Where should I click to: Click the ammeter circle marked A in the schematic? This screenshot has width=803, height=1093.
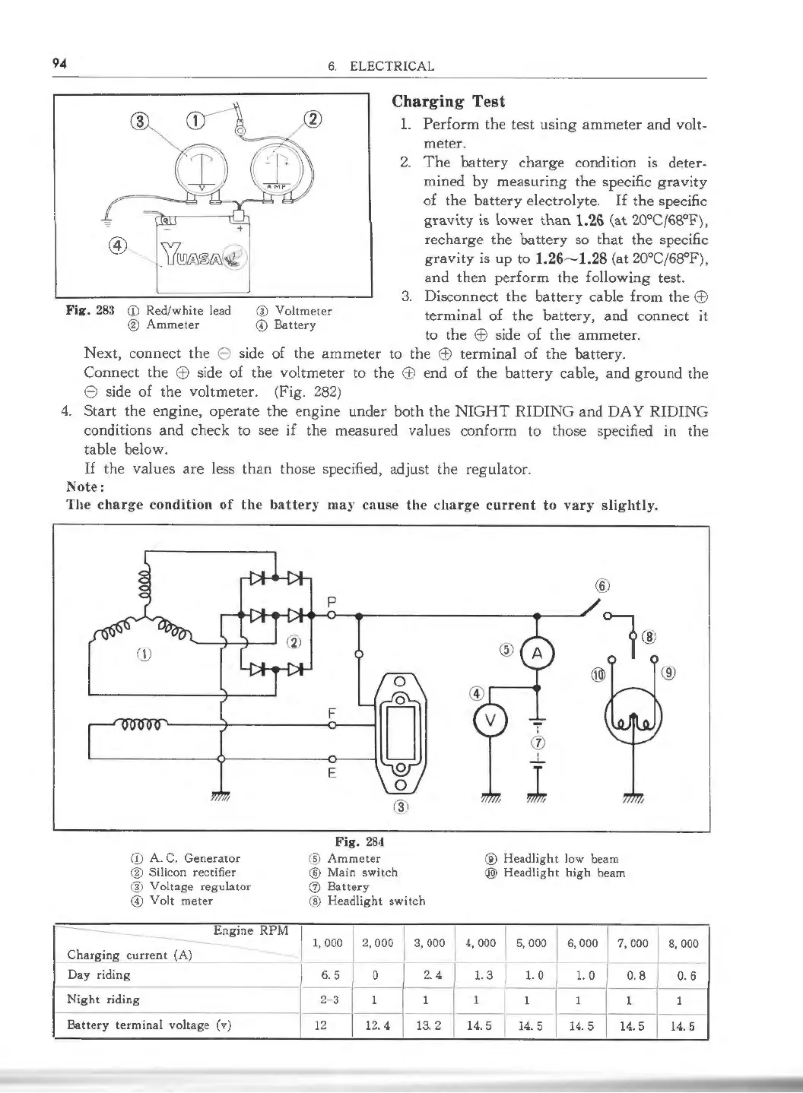click(537, 653)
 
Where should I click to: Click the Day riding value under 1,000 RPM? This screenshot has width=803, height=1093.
click(320, 975)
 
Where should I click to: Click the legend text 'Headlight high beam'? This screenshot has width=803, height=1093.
click(563, 873)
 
